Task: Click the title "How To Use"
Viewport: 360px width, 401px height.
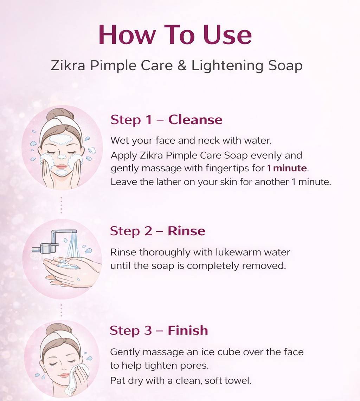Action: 175,35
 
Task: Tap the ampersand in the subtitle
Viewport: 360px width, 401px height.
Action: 182,66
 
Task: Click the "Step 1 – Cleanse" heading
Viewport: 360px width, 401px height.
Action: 166,120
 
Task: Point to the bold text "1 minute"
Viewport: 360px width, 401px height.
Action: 287,168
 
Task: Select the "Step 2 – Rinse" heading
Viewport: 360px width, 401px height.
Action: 157,231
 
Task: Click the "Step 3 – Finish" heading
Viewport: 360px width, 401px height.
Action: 159,330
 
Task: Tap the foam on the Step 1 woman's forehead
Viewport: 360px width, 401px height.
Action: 61,139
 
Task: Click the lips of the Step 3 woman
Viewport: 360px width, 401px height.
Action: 64,375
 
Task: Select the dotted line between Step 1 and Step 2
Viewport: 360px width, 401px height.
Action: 61,205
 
